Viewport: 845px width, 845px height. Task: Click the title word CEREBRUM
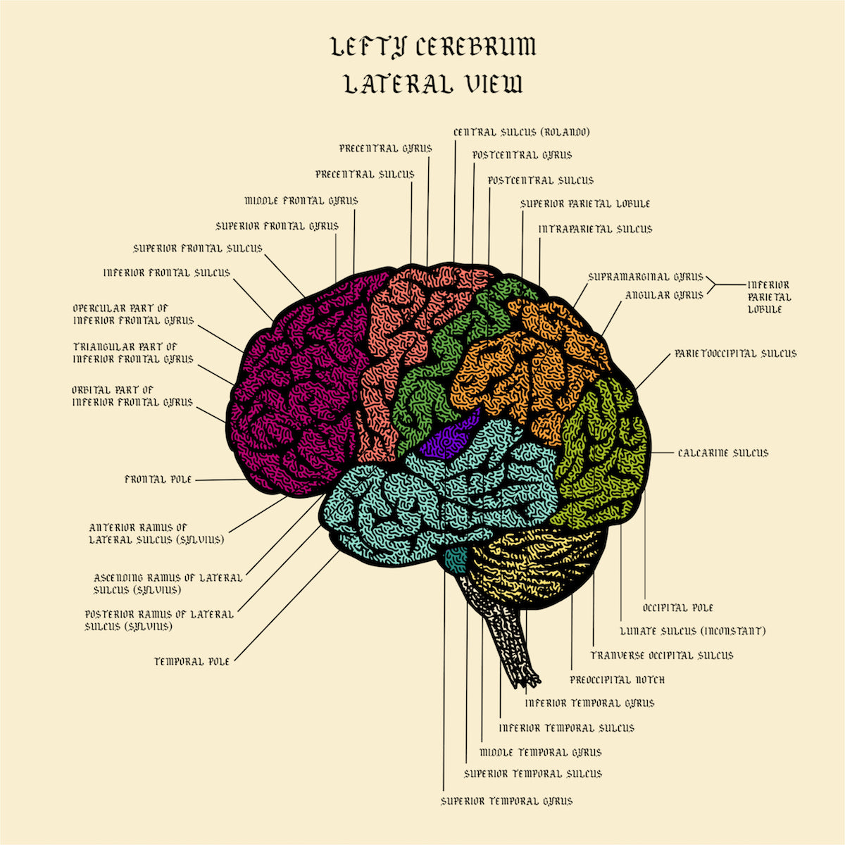tap(475, 48)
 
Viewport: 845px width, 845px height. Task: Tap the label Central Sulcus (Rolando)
tap(522, 132)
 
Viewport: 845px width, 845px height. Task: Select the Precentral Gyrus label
tap(385, 149)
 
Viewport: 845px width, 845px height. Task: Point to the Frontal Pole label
tap(158, 480)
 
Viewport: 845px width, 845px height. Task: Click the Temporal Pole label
tap(192, 661)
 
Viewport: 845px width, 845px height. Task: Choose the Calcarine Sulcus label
tap(723, 453)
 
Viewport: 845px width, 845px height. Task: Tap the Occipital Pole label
tap(678, 608)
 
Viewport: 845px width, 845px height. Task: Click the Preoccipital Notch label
tap(617, 680)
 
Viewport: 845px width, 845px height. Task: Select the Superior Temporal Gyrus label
tap(506, 801)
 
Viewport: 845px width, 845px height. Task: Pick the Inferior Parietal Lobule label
tap(768, 296)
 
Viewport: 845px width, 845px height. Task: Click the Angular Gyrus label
tap(664, 295)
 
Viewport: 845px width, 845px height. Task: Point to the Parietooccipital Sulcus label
tap(735, 353)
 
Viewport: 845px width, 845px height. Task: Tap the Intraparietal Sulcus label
tap(595, 229)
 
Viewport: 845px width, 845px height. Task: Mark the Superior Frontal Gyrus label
tap(277, 226)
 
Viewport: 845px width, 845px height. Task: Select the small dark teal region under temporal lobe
tap(456, 556)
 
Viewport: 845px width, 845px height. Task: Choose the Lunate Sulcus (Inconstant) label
tap(692, 631)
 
